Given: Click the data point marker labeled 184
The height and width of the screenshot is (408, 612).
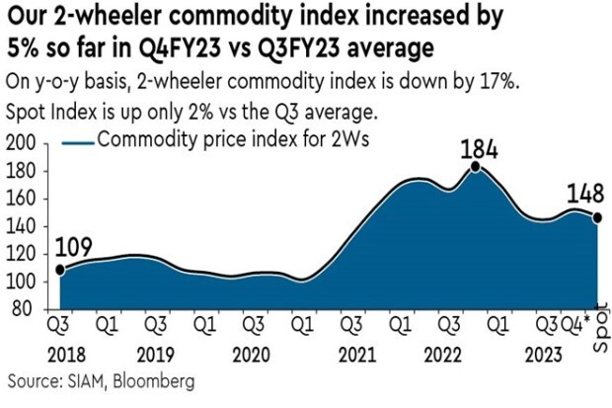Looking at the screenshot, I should coord(475,167).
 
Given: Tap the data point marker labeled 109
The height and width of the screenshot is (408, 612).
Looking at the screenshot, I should coord(59,269).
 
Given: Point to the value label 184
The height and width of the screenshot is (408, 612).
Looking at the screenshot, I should coord(477,149).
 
